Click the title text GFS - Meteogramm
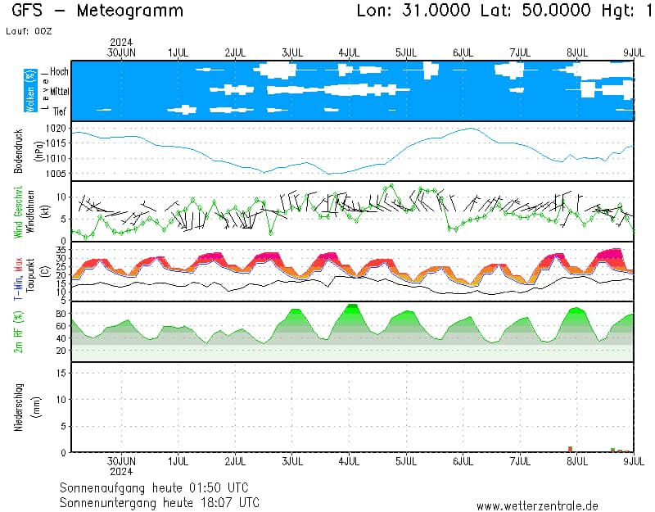point(97,11)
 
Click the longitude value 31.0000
point(434,11)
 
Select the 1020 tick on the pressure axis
point(56,129)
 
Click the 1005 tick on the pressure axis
point(56,174)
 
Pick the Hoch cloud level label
point(59,72)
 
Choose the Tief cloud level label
point(60,111)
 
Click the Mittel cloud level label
point(59,92)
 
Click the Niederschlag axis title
point(18,407)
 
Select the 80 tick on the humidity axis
point(60,313)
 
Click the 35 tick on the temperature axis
point(60,248)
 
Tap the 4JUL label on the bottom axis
point(349,461)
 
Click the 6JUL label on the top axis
point(463,52)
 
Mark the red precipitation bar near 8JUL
point(570,449)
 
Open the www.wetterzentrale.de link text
point(537,506)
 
